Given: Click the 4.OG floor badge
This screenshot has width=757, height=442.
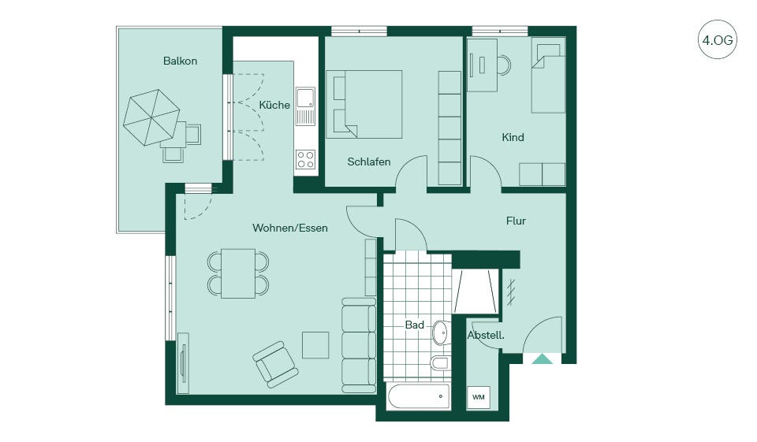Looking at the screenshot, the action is coord(718,39).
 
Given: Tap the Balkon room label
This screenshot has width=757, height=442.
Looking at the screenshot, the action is coord(180,61).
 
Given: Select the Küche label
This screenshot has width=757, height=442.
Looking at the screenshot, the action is coord(274,105).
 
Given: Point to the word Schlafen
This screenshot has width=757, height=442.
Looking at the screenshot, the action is coord(369,162).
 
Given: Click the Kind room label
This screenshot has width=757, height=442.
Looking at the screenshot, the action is coord(513,137).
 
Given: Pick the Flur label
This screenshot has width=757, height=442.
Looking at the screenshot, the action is coord(516,221).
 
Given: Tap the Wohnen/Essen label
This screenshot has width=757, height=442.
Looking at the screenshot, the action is coord(289,228).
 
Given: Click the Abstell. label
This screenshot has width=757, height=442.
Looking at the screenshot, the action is coord(486,335).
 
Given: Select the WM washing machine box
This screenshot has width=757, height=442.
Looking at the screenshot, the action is coord(479,398).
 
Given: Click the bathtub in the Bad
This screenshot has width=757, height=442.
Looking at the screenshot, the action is coord(419,396).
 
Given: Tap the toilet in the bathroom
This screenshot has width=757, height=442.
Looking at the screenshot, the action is coord(440,363).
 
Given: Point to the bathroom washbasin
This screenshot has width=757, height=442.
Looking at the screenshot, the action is coord(441,332).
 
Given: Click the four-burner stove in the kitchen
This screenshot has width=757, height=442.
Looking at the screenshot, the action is coord(306,159).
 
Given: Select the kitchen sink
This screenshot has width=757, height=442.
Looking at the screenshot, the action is coord(305,106).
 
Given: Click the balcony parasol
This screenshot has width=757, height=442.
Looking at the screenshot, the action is coord(151,117).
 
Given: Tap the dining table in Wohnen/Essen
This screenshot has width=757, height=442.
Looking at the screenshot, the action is coord(238,273).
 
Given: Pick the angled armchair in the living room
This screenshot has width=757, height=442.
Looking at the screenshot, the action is coord(274,364).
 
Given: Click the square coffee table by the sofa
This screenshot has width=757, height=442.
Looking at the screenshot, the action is coord(315,345).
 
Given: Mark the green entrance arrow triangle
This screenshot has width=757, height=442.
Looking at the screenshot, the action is coord(543,358).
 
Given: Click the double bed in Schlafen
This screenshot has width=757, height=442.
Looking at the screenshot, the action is coord(364,104).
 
